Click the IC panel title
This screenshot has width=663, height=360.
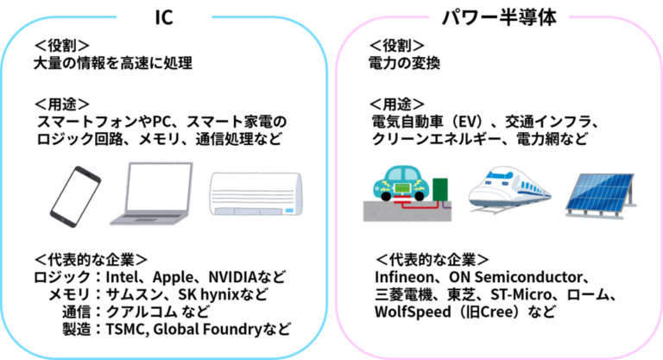coord(164,17)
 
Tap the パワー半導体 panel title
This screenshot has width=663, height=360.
coord(499,18)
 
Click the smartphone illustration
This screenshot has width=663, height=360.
coord(75,197)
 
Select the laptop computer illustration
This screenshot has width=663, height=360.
coord(152,193)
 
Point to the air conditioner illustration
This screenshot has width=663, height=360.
coord(256,193)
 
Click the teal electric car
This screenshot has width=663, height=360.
coord(401,183)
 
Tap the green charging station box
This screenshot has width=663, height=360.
coord(439,190)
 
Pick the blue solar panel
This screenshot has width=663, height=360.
coord(601,195)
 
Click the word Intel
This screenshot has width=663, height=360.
coord(123,277)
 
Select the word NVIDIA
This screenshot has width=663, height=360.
coord(233,277)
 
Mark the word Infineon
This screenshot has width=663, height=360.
coord(404,277)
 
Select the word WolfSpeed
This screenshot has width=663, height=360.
coord(413,312)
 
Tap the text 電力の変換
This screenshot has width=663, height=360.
coord(405,63)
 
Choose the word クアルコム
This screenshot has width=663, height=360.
coord(142,312)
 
